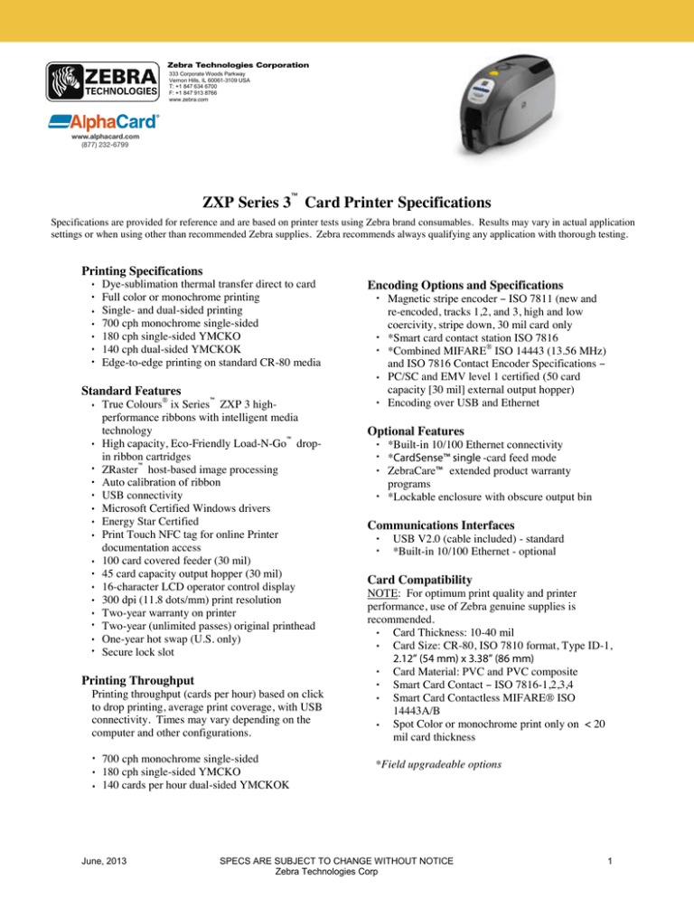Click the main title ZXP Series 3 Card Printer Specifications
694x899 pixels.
click(347, 199)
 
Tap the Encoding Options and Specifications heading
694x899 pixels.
click(475, 281)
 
